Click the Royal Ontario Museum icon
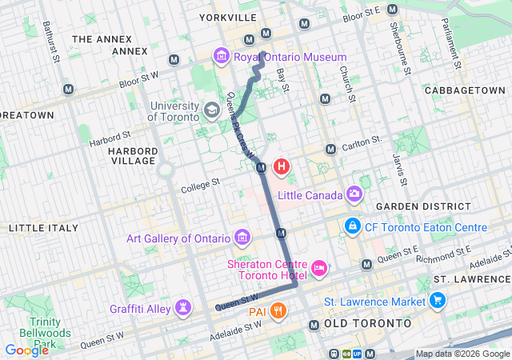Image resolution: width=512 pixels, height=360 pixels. (221, 57)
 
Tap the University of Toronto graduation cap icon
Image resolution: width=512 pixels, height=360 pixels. (212, 110)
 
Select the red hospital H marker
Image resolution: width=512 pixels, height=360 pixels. (282, 167)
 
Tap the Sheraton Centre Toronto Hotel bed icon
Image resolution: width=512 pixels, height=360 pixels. (319, 267)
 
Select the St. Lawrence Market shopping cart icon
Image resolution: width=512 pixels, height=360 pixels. (437, 302)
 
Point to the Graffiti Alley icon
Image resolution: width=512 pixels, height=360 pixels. (184, 308)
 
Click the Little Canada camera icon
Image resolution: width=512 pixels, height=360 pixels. (354, 194)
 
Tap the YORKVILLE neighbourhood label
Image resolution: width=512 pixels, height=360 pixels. (228, 17)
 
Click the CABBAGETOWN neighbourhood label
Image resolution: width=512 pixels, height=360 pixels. (465, 90)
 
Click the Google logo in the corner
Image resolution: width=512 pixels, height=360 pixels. (26, 350)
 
